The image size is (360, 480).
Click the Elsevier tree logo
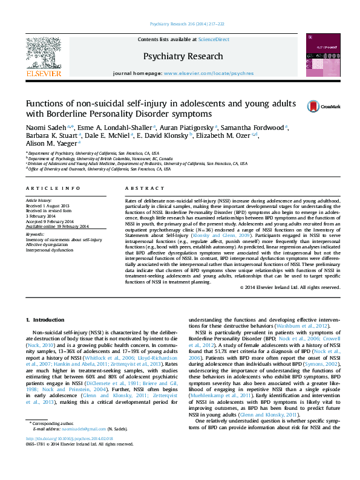[x=43, y=53]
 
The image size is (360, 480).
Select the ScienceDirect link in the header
[x=213, y=39]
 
